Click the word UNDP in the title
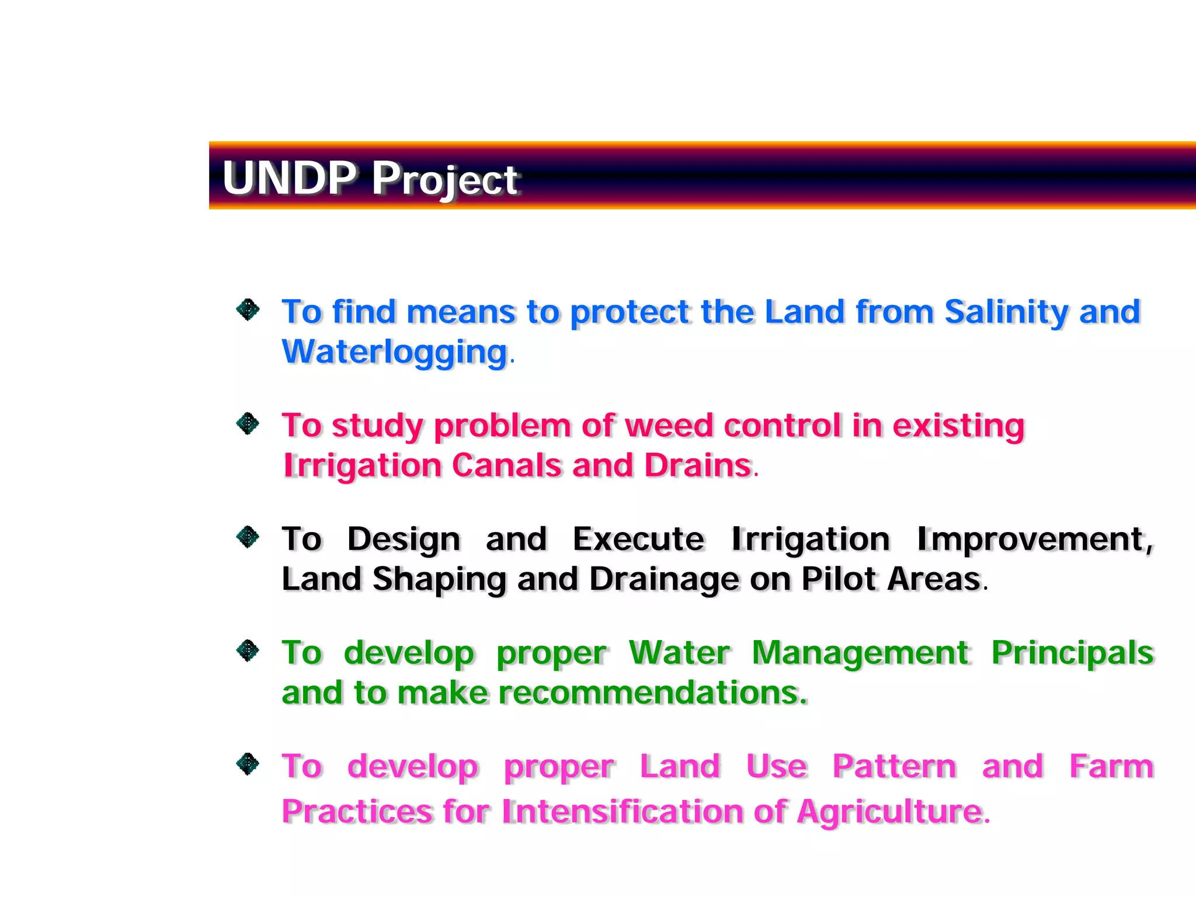click(289, 178)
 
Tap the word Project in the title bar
click(444, 179)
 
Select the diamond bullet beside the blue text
click(248, 310)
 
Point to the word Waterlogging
click(395, 352)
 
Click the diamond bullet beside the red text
click(248, 423)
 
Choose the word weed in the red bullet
click(669, 425)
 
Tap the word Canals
click(506, 465)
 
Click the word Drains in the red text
click(697, 465)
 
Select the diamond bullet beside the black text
click(248, 537)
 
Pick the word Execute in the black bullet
click(638, 538)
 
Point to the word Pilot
click(839, 579)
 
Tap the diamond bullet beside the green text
click(248, 650)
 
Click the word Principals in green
click(1072, 653)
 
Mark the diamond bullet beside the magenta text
click(248, 763)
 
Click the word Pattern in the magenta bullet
click(894, 766)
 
